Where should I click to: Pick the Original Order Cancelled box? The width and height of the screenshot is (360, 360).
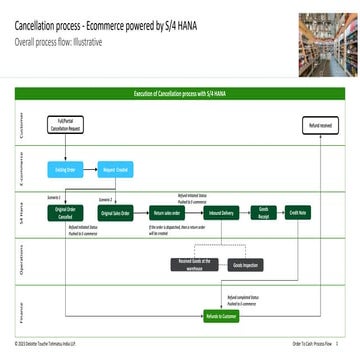pos(65,213)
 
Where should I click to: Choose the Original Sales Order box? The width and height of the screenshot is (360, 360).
pos(116,213)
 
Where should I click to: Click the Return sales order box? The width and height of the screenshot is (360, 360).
pos(165,213)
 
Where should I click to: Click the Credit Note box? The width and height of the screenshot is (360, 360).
pos(298,213)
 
